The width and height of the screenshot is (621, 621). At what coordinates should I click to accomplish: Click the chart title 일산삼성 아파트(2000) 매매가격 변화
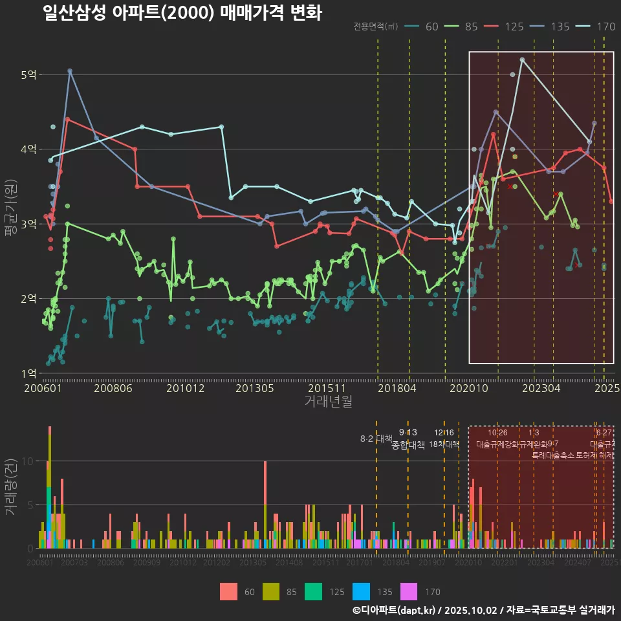pos(182,12)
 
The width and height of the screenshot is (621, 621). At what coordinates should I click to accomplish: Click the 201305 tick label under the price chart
pos(254,389)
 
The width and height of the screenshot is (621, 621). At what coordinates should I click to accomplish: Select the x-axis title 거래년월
pos(328,402)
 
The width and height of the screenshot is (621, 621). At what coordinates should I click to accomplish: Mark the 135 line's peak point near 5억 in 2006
pos(70,71)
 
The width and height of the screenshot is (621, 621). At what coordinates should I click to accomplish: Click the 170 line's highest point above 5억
pos(522,60)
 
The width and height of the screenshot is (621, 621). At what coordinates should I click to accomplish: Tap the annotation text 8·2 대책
pos(376,439)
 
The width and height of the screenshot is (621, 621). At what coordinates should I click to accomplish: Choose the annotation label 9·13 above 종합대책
pos(408,432)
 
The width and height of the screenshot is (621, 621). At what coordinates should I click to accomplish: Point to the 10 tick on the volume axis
pos(28,461)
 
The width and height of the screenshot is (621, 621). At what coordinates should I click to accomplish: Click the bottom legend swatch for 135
pos(362,591)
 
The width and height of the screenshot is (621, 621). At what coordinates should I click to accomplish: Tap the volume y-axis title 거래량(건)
pos(10,486)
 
